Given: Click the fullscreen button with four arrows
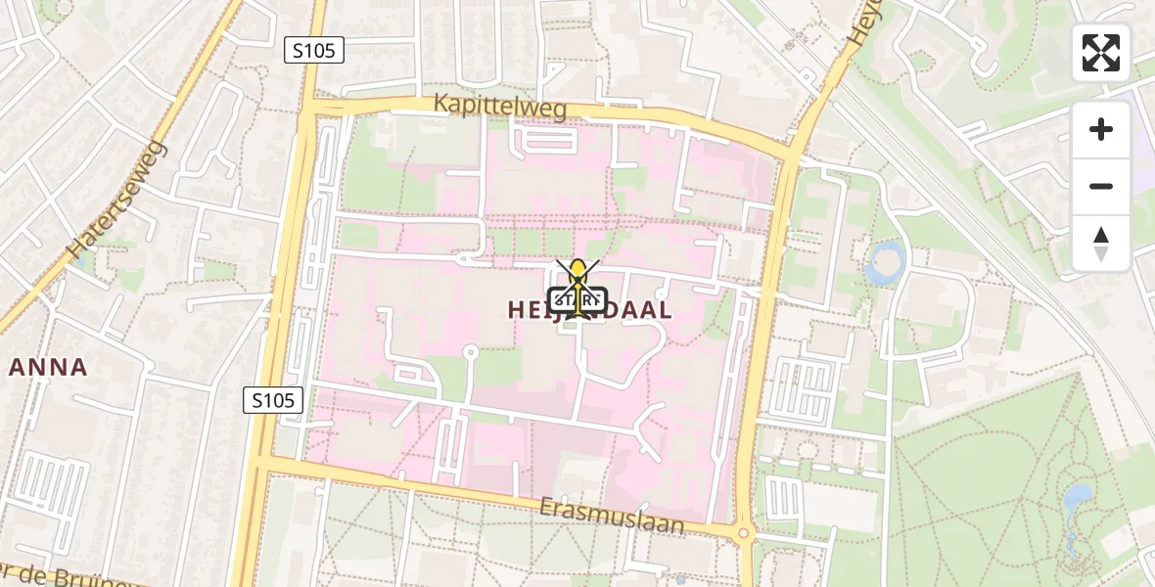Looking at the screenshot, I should click(1101, 53).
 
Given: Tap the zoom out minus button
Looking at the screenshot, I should click(1101, 186).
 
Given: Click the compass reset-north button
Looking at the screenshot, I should click(1101, 243).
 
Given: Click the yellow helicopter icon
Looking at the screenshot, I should click(578, 282).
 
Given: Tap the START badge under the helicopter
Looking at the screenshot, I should click(578, 301).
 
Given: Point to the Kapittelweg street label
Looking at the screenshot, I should click(500, 108).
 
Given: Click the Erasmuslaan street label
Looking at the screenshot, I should click(612, 516).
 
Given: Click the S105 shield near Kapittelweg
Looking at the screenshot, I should click(314, 50).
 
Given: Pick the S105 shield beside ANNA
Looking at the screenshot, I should click(273, 399).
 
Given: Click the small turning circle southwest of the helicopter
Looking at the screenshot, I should click(470, 352).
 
